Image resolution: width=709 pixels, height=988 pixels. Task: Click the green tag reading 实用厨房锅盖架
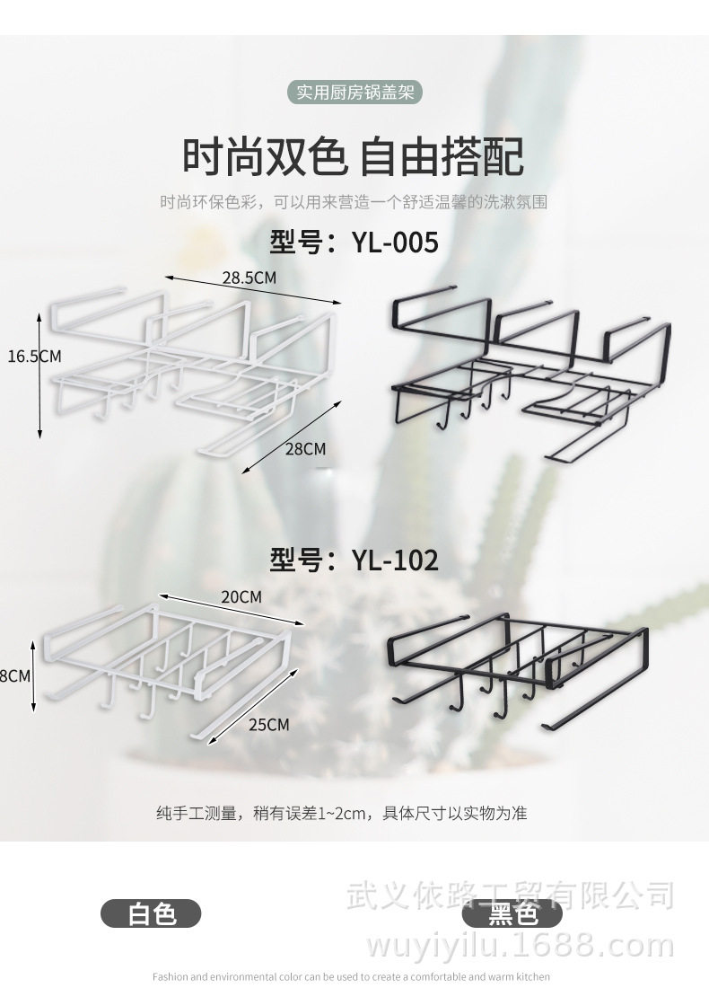click(354, 93)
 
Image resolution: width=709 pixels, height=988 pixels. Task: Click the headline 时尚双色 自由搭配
click(354, 156)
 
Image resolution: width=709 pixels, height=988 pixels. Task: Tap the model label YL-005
click(354, 243)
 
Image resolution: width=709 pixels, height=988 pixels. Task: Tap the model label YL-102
click(354, 560)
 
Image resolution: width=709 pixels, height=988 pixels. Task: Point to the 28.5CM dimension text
click(249, 278)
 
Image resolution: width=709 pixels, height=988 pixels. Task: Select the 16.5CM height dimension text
click(34, 356)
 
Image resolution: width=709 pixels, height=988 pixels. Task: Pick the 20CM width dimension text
click(241, 597)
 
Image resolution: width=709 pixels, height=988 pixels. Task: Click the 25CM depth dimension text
click(269, 724)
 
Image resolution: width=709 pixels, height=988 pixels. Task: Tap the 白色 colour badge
click(151, 913)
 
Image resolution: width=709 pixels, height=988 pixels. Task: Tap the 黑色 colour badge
click(512, 914)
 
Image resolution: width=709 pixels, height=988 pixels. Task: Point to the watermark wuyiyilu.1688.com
click(521, 945)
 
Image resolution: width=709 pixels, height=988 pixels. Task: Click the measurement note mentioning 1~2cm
click(342, 814)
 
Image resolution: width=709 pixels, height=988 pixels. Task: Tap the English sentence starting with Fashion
click(351, 976)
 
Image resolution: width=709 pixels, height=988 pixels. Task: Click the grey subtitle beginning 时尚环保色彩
click(354, 202)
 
